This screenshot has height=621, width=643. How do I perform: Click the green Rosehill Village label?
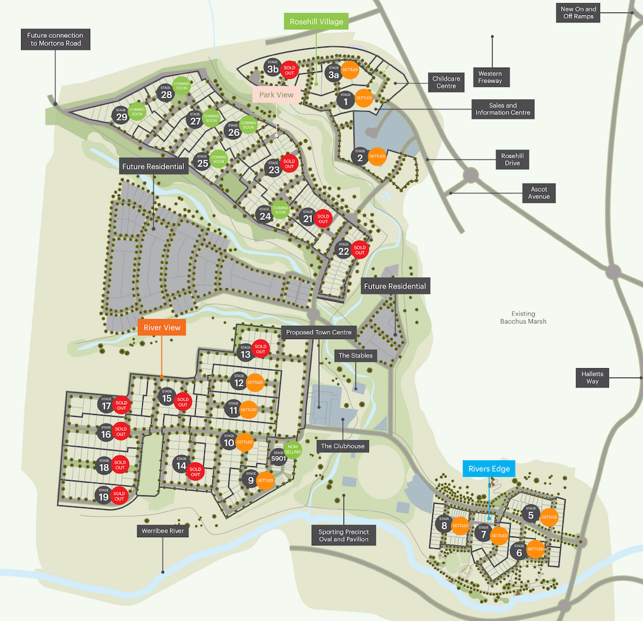pyautogui.click(x=316, y=21)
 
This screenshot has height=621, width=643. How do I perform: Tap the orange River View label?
pyautogui.click(x=162, y=327)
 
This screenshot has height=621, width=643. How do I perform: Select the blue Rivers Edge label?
pyautogui.click(x=489, y=469)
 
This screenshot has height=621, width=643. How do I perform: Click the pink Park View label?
pyautogui.click(x=276, y=95)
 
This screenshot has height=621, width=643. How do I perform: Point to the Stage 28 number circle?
pyautogui.click(x=166, y=95)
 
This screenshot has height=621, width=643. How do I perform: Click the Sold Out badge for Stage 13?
pyautogui.click(x=260, y=348)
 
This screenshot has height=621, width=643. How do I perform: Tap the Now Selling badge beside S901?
pyautogui.click(x=293, y=449)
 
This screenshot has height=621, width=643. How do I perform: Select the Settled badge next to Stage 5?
pyautogui.click(x=549, y=516)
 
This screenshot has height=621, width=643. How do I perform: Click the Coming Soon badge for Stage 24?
pyautogui.click(x=280, y=212)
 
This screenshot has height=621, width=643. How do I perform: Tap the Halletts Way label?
pyautogui.click(x=592, y=377)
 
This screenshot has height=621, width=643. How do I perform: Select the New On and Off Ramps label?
pyautogui.click(x=578, y=13)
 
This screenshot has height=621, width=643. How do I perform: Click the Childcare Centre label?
pyautogui.click(x=446, y=82)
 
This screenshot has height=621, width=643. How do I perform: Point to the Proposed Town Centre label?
pyautogui.click(x=319, y=332)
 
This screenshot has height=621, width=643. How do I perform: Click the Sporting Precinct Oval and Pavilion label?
pyautogui.click(x=344, y=535)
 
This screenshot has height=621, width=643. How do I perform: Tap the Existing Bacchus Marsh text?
pyautogui.click(x=523, y=317)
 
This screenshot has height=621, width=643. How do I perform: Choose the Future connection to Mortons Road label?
pyautogui.click(x=55, y=40)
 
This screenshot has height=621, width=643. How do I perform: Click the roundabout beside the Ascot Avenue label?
pyautogui.click(x=470, y=176)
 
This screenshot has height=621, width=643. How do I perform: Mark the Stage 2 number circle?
pyautogui.click(x=360, y=156)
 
